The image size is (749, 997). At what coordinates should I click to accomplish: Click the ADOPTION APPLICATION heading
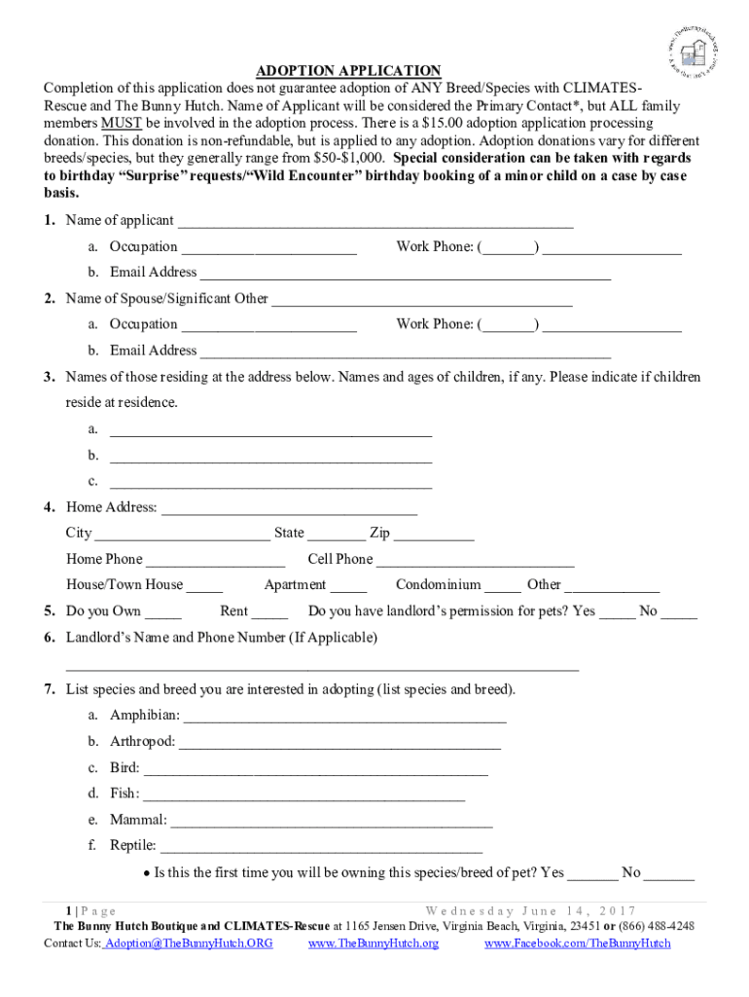pos(348,71)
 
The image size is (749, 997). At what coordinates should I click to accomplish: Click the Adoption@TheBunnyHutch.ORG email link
pos(189,944)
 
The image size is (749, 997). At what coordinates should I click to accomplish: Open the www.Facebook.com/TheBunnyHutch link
pos(577,944)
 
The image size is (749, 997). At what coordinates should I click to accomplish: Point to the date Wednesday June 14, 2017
pos(530,910)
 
